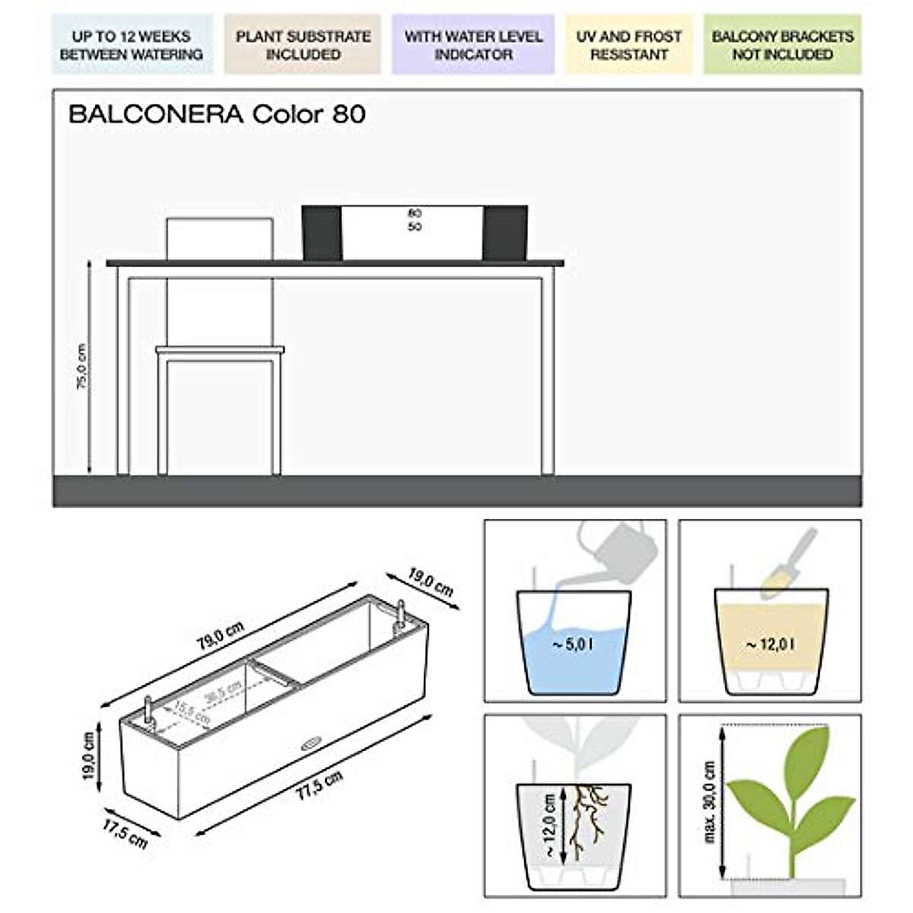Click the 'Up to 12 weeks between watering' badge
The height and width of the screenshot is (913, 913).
(132, 45)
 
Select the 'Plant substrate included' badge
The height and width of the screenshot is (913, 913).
(303, 45)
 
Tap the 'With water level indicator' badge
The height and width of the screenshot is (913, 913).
(473, 45)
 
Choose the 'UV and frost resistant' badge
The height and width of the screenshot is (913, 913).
(628, 45)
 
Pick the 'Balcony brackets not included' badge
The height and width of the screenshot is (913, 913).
(782, 45)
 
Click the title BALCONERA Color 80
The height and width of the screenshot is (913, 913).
(217, 115)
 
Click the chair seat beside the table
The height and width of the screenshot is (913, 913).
(219, 350)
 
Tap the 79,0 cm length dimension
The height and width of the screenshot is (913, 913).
(221, 636)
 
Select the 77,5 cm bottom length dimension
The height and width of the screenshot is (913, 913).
(319, 785)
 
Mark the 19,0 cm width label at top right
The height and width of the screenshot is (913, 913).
(430, 583)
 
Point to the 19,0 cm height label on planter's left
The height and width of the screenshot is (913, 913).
(89, 756)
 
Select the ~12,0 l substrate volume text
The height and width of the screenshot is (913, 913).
(770, 645)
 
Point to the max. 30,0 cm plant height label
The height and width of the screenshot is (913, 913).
(710, 801)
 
